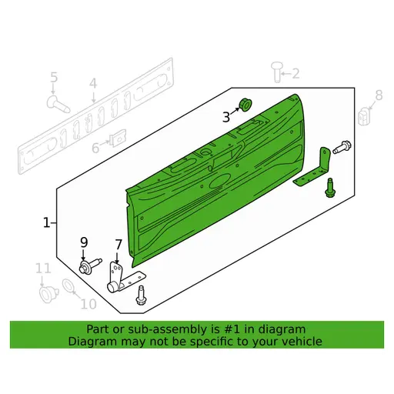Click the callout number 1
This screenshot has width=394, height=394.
[46, 223]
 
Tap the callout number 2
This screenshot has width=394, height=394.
[295, 74]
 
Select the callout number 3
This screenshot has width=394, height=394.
[226, 117]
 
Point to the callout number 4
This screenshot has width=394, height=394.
[93, 84]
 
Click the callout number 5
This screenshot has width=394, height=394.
[54, 77]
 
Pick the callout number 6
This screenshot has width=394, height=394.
[95, 147]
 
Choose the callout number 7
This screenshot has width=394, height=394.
[118, 245]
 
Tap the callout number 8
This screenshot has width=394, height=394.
[377, 95]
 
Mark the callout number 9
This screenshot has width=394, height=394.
[84, 244]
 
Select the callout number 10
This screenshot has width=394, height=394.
[88, 303]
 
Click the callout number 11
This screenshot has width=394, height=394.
[43, 269]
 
